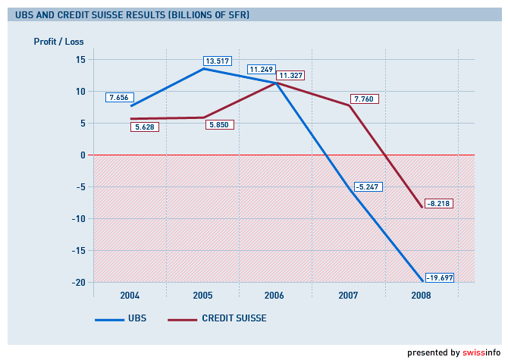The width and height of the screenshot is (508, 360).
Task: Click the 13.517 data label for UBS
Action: [x=217, y=61]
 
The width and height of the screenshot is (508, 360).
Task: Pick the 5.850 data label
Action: [x=219, y=124]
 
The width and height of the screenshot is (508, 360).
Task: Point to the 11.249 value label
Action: [x=261, y=70]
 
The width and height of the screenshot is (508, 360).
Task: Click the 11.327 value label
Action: [x=290, y=76]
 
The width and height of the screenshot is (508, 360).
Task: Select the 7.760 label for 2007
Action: [x=364, y=99]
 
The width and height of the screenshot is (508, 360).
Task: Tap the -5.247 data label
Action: [x=367, y=186]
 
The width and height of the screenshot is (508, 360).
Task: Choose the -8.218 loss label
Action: [x=438, y=204]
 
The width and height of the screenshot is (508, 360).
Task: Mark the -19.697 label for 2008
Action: [x=438, y=277]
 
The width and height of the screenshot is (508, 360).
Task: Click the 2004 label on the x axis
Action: [x=129, y=295]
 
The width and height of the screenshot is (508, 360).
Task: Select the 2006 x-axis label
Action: [x=274, y=295]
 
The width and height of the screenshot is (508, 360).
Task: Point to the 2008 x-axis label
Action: [x=420, y=295]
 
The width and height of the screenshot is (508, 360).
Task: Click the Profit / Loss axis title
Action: [x=58, y=42]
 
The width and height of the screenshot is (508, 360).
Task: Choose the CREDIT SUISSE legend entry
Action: [x=234, y=319]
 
